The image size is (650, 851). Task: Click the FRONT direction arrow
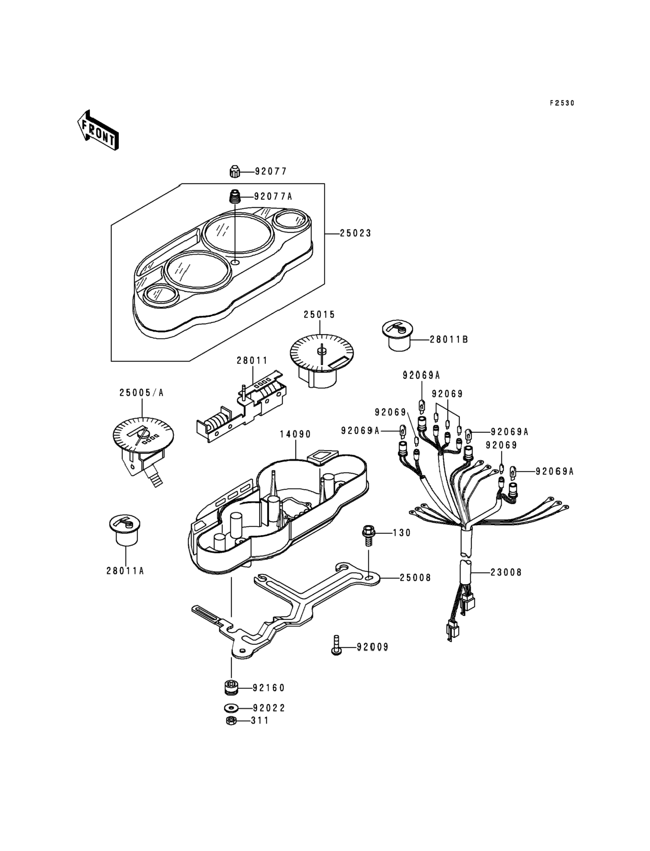98,130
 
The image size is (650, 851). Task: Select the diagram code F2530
562,103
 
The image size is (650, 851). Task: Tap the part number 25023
355,233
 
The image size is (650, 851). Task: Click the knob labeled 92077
235,171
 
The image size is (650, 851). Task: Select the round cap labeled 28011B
397,336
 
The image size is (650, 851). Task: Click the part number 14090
295,435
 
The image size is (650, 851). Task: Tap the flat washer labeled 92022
231,708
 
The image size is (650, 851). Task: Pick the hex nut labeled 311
231,721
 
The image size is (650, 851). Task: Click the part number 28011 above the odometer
252,361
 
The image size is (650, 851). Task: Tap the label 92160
268,688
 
